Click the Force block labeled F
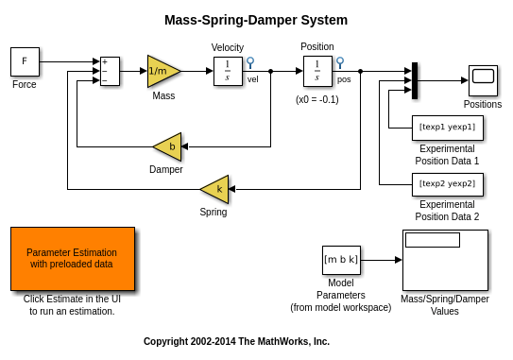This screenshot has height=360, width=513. pos(25,61)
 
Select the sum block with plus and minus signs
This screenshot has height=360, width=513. pos(110,71)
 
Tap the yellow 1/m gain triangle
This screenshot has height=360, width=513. pos(163,71)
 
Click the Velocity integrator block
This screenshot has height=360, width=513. pos(228,72)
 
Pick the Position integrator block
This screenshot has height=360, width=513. pos(317,72)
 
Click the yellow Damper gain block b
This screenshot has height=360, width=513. pos(167,146)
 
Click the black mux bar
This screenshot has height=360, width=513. pos(415,80)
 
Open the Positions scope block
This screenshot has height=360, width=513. pos(483,80)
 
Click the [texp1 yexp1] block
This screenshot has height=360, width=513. pos(448,128)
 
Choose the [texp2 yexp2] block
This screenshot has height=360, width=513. pos(448,184)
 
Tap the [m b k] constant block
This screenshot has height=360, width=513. pos(341,260)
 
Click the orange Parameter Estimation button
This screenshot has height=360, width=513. pos(73,259)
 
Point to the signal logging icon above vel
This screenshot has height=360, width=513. pos(250,62)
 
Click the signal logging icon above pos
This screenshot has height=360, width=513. pos(340,62)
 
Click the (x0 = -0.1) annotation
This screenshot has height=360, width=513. pos(317,99)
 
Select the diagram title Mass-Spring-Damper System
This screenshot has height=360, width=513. pos(256,20)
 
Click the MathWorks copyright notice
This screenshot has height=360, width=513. pos(236,341)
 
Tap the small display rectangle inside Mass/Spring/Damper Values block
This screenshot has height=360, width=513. pos(433,240)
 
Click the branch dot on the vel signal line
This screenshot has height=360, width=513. pos(270,71)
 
